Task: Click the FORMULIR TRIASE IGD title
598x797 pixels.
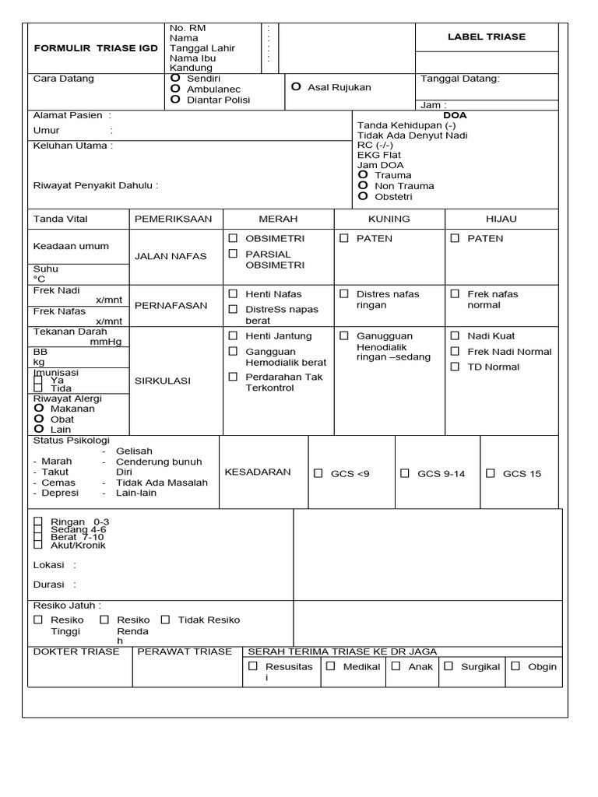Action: (95, 48)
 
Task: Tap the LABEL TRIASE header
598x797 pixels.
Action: (487, 37)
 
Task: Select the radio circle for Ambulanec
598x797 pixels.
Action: (175, 89)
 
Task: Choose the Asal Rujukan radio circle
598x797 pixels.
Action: (296, 87)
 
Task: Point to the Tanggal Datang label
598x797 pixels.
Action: (460, 79)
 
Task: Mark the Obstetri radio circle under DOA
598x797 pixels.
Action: (362, 196)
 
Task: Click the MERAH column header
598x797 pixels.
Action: (278, 219)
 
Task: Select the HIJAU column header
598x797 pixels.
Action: (501, 219)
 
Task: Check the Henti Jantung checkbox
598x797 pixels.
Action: (232, 335)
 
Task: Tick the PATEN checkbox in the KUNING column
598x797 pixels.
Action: (343, 238)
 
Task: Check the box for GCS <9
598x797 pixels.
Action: (318, 473)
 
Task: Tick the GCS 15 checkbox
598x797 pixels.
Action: (490, 473)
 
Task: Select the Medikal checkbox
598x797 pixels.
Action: (331, 666)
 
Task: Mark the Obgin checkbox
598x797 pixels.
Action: (515, 666)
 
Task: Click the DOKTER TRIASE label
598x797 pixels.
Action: (76, 651)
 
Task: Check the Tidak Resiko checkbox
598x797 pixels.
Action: (165, 620)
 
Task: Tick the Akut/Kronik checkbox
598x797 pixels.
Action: (38, 545)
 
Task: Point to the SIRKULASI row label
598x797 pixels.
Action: (163, 381)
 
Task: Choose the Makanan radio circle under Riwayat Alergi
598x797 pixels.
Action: (38, 408)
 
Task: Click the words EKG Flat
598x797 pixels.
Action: (380, 155)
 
